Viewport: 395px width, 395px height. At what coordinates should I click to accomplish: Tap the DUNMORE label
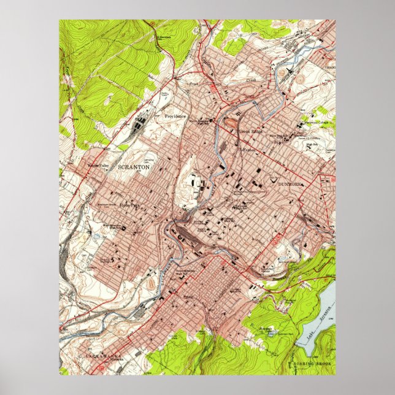(291, 183)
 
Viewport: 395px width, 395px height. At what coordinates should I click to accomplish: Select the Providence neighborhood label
(175, 116)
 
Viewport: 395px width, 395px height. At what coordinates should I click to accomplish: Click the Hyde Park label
(129, 205)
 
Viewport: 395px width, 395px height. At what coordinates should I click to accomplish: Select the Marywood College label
(318, 122)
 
